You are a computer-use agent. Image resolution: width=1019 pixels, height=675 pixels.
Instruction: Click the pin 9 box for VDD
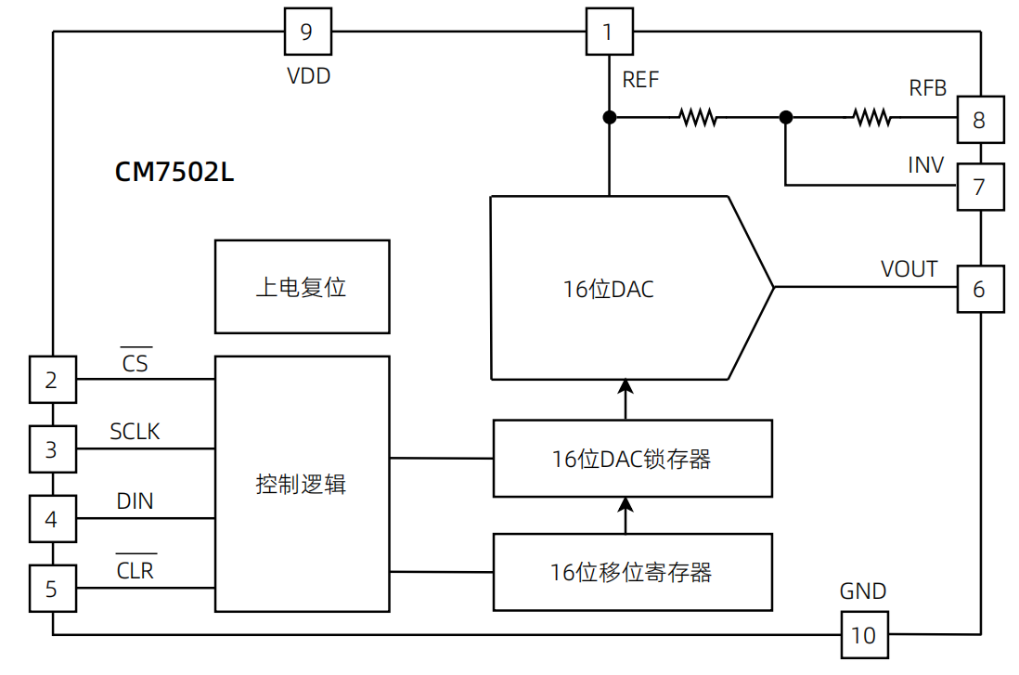coord(306,32)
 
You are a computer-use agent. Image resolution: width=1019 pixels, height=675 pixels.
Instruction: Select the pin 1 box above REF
coord(608,32)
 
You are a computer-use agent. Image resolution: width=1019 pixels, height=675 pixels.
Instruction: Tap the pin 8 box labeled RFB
coord(979,119)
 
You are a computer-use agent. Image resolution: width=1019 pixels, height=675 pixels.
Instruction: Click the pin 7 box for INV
coord(979,187)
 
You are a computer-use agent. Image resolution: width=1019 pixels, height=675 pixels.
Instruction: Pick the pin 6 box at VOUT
coord(979,289)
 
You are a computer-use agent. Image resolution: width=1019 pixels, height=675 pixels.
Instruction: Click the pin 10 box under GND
coord(864,634)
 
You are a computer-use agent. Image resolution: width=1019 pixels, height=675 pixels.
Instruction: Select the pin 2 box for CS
coord(52,380)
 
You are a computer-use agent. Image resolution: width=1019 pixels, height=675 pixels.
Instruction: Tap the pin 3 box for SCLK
coord(52,449)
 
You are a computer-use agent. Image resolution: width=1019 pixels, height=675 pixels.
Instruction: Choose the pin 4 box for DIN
coord(52,519)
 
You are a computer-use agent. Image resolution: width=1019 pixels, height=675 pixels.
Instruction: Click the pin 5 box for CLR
coord(52,589)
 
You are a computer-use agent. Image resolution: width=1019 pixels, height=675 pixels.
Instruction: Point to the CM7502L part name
coord(174,173)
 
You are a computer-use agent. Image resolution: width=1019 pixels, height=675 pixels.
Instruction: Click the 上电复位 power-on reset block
coord(302,287)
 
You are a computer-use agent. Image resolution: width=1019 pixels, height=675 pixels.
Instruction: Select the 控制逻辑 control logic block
coord(302,484)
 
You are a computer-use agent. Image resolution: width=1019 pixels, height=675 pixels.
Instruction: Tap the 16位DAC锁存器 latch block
coord(632,459)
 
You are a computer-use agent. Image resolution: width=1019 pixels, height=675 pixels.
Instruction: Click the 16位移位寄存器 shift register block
coord(632,572)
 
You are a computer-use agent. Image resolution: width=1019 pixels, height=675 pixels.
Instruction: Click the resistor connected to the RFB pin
coord(871,117)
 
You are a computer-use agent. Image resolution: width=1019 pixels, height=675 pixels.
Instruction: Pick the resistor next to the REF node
coord(697,117)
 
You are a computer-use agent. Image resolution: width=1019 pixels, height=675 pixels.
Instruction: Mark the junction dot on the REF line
coord(610,117)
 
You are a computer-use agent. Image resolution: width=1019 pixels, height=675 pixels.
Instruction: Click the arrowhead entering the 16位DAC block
coord(626,386)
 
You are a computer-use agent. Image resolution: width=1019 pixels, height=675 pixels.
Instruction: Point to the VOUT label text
coord(909,269)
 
